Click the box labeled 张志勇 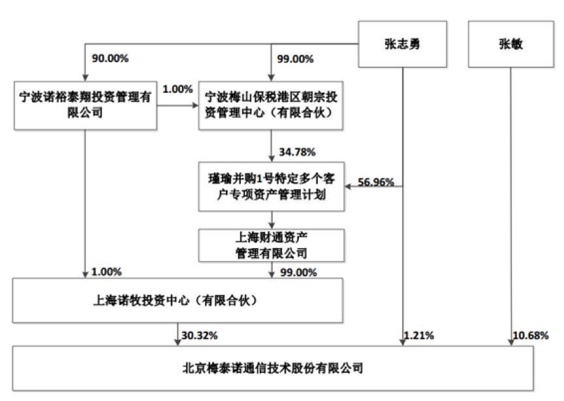(403, 44)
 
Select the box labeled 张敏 (510, 44)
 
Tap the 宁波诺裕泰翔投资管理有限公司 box (86, 105)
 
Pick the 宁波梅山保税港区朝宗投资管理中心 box (271, 105)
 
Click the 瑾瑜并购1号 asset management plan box (272, 187)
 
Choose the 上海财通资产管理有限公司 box (272, 245)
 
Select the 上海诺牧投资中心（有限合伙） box (178, 300)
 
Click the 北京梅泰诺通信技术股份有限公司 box (273, 368)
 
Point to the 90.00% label (110, 58)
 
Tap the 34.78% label (297, 152)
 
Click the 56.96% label (376, 182)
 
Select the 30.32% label (200, 336)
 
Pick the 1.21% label (418, 336)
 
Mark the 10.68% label (531, 336)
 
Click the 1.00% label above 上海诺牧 (106, 272)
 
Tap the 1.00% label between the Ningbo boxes (178, 89)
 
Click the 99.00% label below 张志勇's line (295, 59)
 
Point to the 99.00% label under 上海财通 (298, 272)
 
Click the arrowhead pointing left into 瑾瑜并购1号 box (348, 187)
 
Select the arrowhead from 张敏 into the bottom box (510, 343)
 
